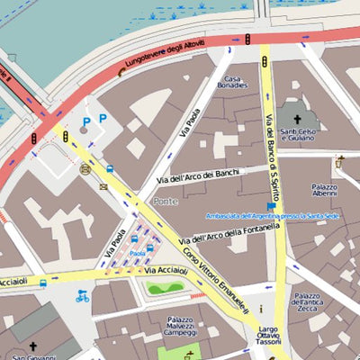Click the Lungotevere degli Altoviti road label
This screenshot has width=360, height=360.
(166, 56)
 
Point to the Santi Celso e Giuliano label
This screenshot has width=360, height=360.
(299, 137)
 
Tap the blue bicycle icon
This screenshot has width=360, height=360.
(82, 296)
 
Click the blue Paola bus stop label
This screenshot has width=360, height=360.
(137, 254)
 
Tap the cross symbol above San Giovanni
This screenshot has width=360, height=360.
(33, 346)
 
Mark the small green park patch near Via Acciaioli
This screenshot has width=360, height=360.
(166, 288)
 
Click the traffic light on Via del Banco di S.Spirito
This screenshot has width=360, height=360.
(265, 62)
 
